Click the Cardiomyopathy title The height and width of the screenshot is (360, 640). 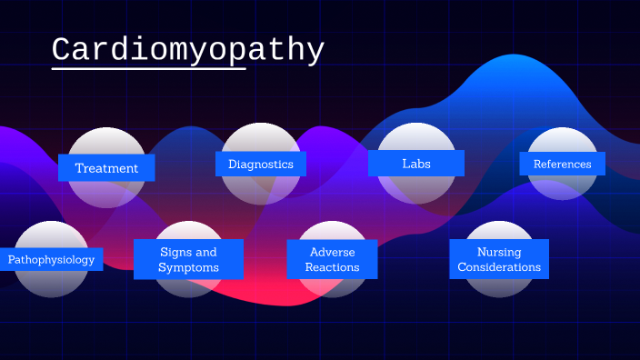coord(187,50)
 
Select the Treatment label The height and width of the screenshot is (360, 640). coord(106,168)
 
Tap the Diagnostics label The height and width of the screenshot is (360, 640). coord(261,165)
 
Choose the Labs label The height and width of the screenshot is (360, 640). coord(416,164)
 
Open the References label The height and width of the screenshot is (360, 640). coord(562,165)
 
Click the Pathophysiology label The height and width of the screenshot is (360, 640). coord(51,260)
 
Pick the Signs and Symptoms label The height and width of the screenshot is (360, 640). coord(188,260)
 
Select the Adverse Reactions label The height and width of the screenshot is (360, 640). coord(332,260)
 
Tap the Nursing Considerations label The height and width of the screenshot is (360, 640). coord(499,260)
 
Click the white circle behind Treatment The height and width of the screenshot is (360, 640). coord(106,141)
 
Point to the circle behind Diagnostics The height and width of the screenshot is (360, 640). coord(261,136)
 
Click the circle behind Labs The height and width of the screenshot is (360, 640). coord(416,136)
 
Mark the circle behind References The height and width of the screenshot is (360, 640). coord(562,140)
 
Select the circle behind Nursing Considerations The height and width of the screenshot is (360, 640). coord(499,231)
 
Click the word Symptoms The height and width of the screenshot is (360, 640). coord(188,268)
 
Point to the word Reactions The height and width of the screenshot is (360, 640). coord(332,268)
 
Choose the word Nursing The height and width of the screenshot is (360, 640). coord(499,252)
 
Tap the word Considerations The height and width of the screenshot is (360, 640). coord(499,268)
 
